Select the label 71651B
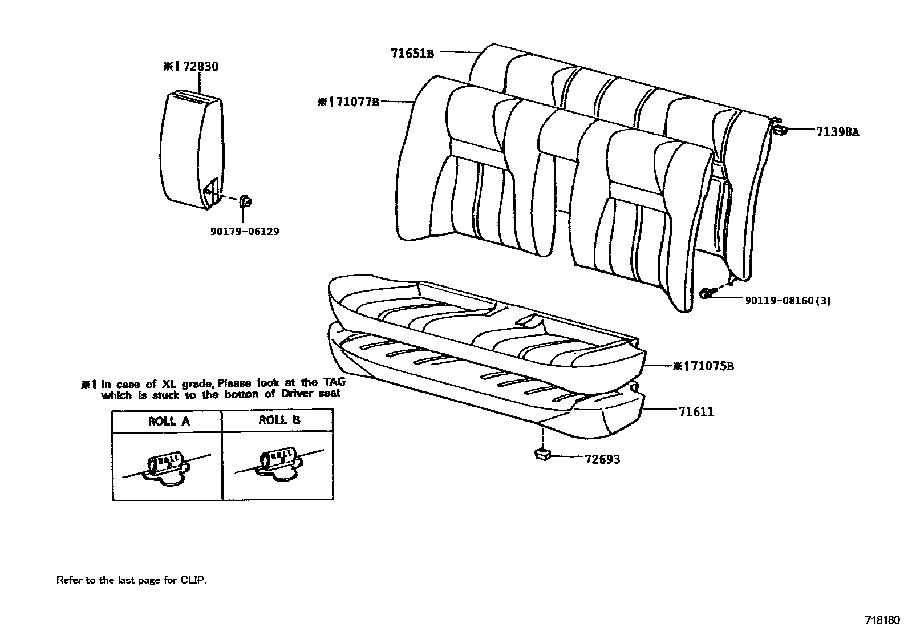(412, 54)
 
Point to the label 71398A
(837, 132)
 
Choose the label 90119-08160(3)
(788, 300)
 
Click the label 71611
(696, 411)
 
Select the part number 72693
(602, 459)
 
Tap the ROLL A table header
(169, 422)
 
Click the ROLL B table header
(279, 420)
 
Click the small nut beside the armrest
(246, 201)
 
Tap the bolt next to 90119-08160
(707, 293)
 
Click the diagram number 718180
(882, 620)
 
